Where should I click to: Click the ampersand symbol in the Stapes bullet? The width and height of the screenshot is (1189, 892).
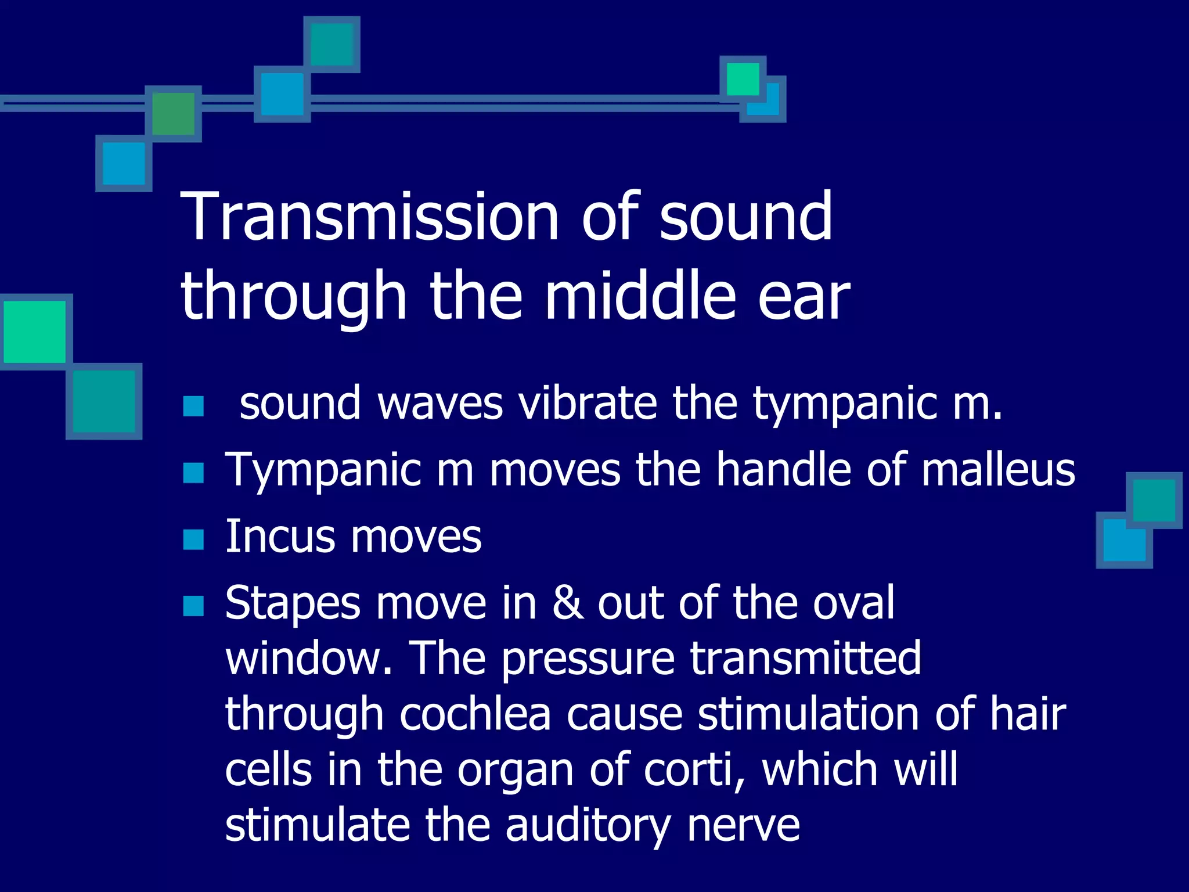tap(567, 603)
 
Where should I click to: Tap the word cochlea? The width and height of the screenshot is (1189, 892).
tap(475, 714)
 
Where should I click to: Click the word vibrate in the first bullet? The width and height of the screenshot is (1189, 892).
tap(587, 404)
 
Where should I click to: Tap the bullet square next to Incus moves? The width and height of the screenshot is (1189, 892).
tap(193, 539)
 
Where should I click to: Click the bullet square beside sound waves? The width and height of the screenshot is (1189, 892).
tap(193, 406)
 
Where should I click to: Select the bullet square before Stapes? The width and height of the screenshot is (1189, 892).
tap(193, 606)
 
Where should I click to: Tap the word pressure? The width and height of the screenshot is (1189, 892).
tap(588, 659)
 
